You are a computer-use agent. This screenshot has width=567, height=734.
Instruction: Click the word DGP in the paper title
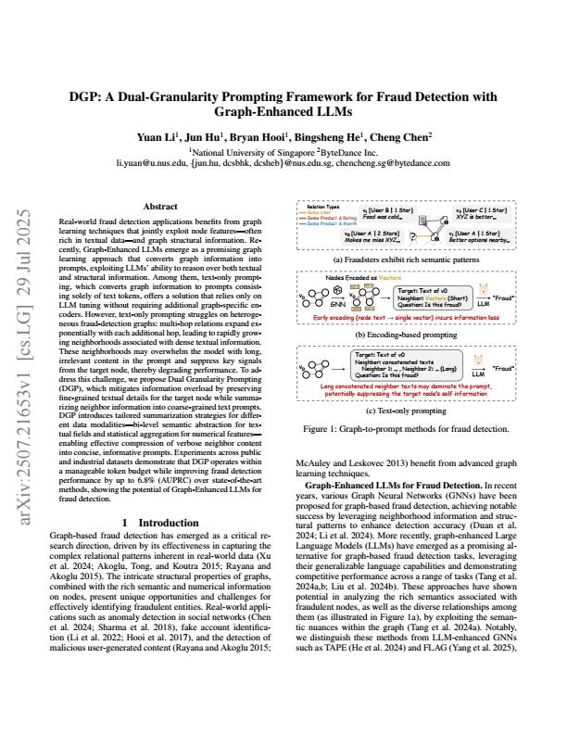pyautogui.click(x=86, y=95)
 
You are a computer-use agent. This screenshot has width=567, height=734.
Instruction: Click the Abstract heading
pyautogui.click(x=155, y=209)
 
